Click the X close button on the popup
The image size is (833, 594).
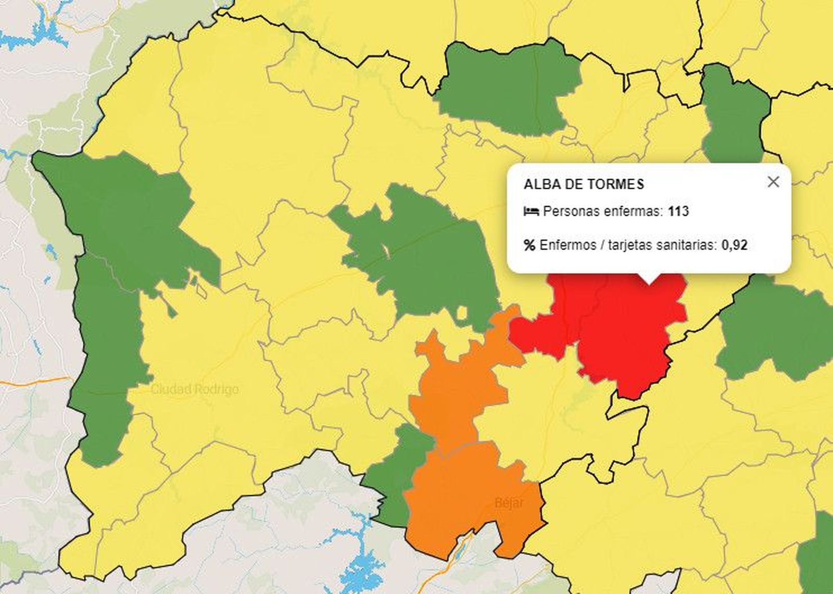point(773,181)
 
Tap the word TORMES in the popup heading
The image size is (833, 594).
point(616,184)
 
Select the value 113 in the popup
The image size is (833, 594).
point(678,212)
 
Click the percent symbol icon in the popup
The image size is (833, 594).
point(529,245)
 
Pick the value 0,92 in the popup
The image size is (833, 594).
point(734,245)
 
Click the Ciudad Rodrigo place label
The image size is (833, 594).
point(195,389)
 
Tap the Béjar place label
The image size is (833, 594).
point(509,503)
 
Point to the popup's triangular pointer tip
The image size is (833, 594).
point(648,283)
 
